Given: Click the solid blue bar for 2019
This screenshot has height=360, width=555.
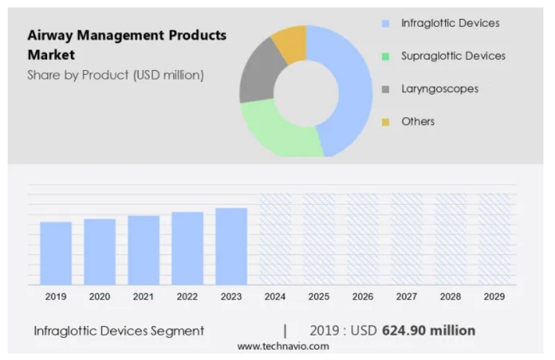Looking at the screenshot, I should tap(56, 252).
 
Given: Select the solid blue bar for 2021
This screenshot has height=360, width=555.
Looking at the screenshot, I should tap(144, 249).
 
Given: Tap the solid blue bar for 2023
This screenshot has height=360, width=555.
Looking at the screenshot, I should tap(231, 245).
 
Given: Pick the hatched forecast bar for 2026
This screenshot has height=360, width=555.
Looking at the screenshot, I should tap(362, 238).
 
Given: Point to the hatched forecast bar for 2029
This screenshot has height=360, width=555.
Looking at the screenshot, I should tap(494, 238).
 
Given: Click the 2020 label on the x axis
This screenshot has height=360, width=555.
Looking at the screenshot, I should tap(100, 296).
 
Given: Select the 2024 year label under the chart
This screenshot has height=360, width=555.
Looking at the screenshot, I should tap(275, 296).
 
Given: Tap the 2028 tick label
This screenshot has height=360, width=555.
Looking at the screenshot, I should tap(450, 296).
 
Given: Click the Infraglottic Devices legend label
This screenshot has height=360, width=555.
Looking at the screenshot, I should tap(450, 23).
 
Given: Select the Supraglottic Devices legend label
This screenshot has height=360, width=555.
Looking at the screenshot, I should tap(453, 56).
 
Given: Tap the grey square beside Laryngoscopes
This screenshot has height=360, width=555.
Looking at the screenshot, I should tap(386, 90).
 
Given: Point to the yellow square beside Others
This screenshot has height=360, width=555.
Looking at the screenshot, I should tap(386, 122).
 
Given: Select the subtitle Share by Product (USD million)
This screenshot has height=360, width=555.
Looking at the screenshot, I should tap(115, 75).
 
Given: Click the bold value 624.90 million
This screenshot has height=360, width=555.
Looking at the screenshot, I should tap(428, 330).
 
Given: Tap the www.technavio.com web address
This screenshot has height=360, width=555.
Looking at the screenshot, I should tap(283, 346).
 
